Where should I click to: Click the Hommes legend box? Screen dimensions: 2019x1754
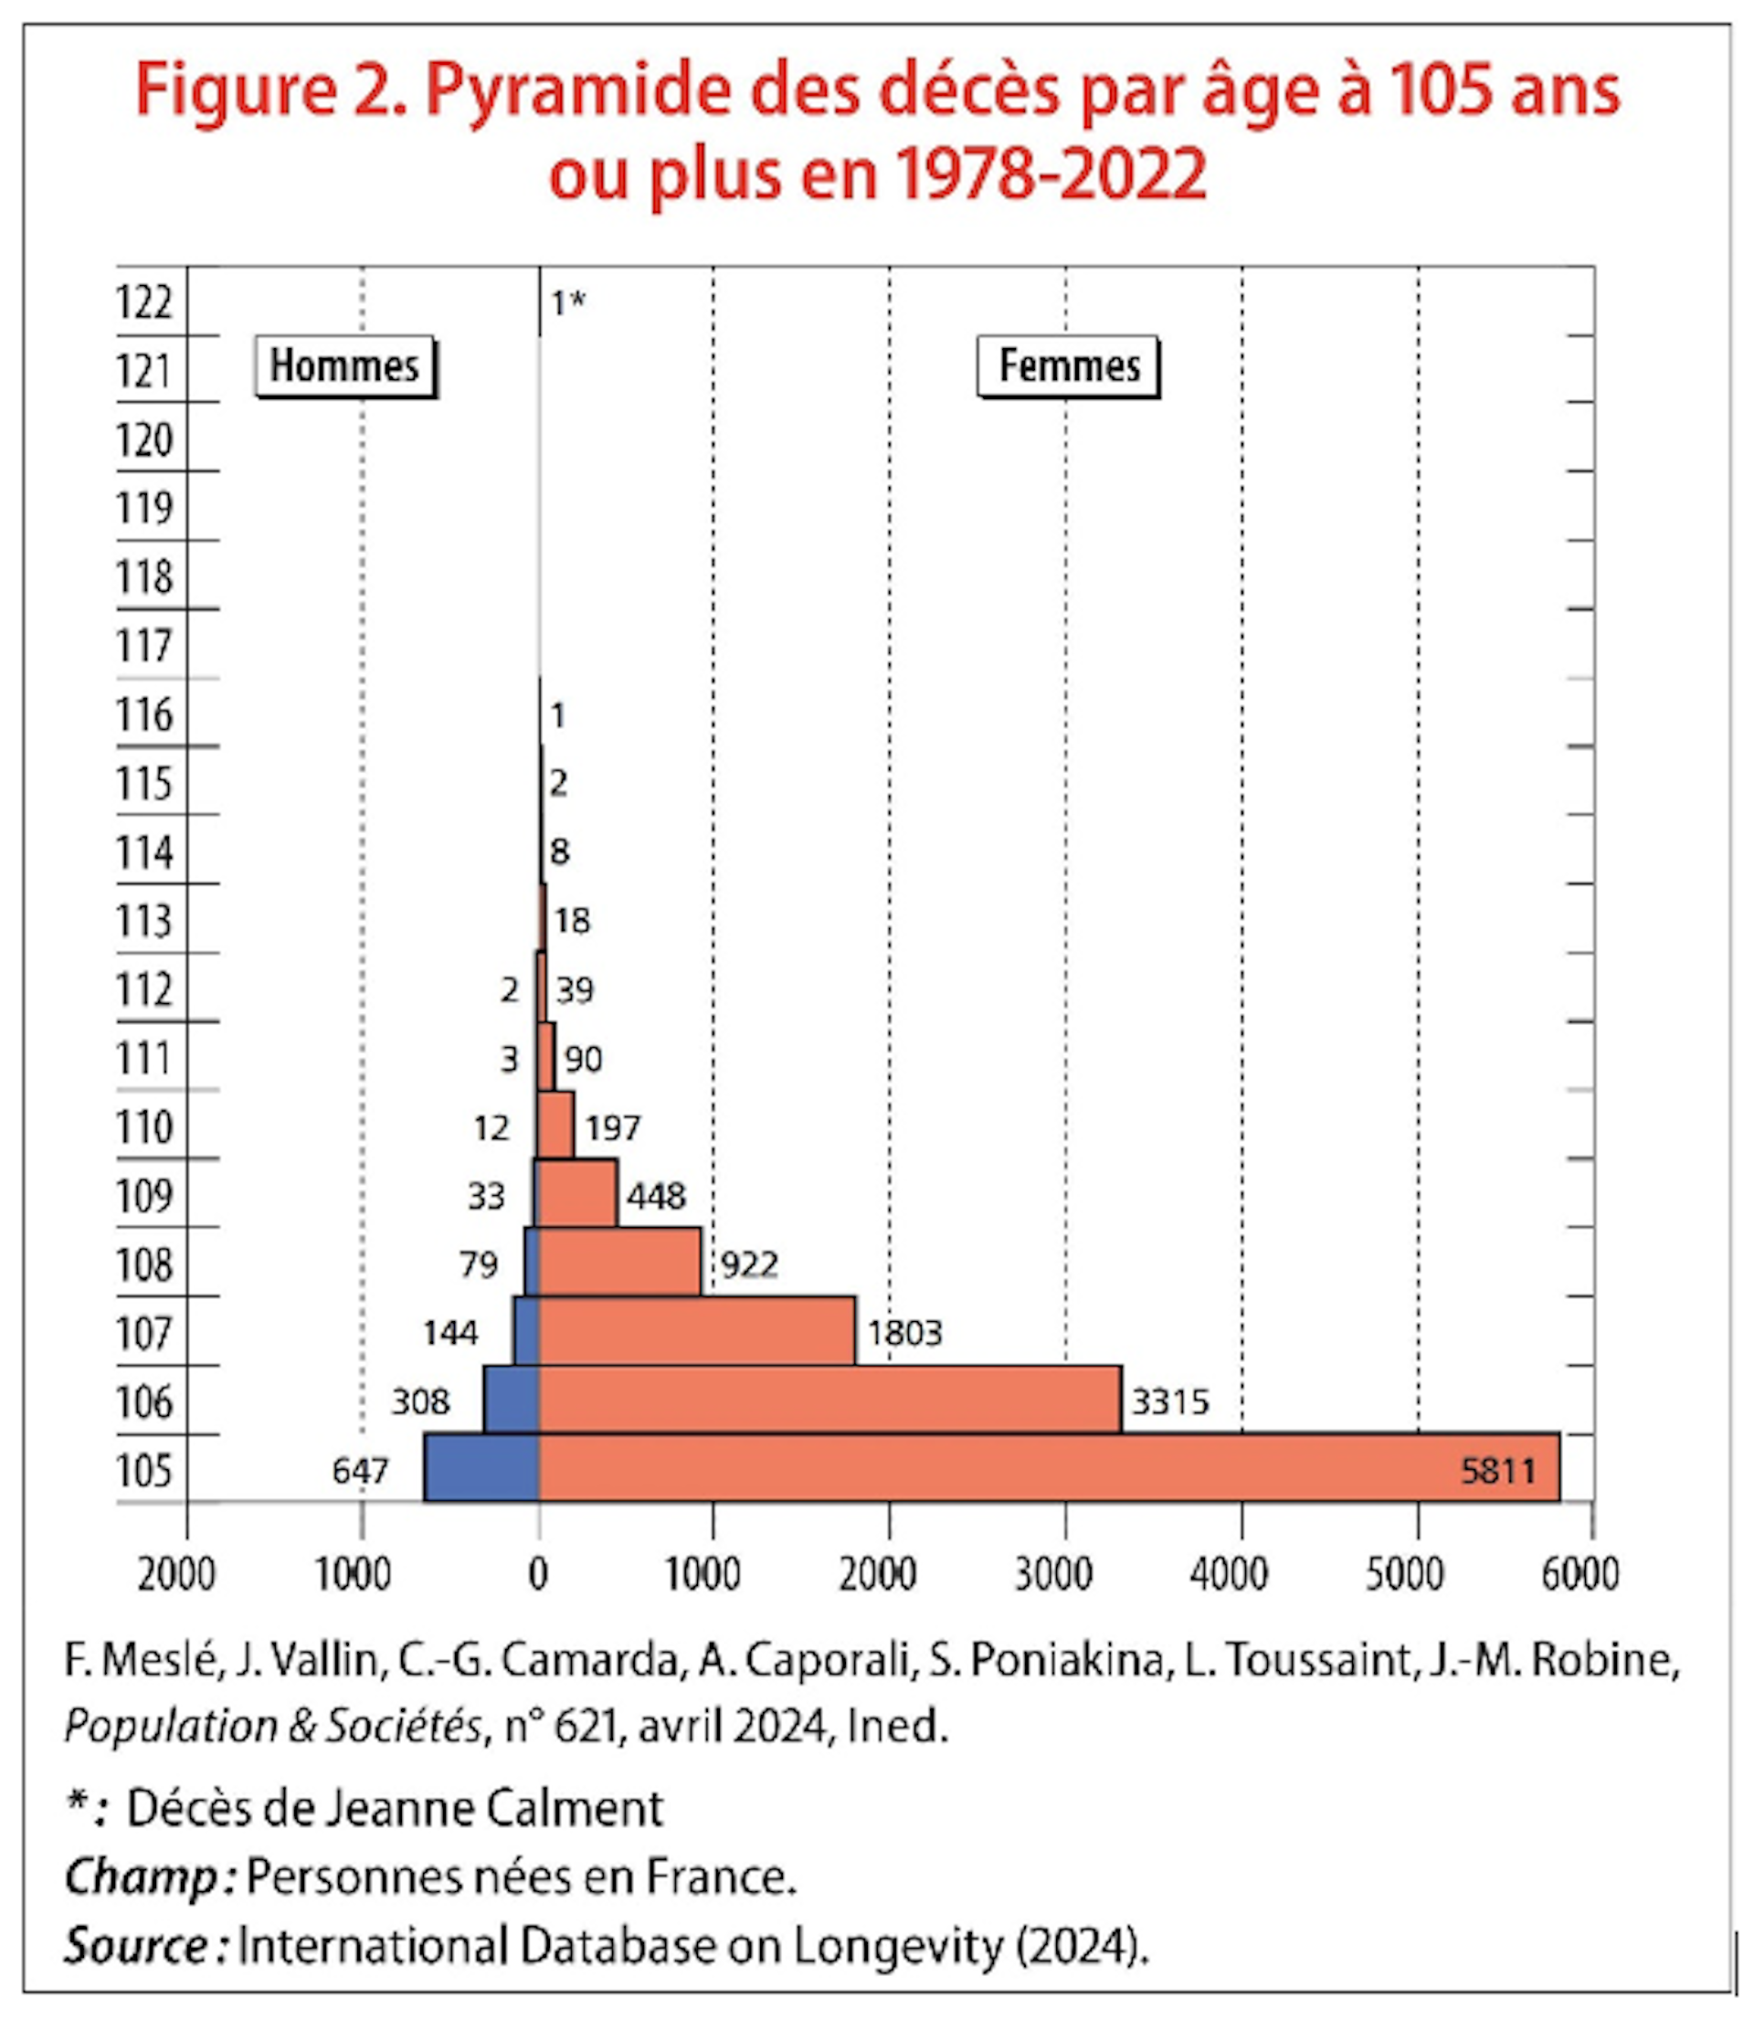[344, 367]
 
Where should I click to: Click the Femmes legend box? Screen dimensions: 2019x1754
[1068, 367]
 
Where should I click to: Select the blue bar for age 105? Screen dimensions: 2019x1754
[481, 1468]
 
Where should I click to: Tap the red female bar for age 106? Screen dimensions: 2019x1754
[829, 1400]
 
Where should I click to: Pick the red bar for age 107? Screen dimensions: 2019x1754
[696, 1331]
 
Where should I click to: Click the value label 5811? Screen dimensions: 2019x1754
[1497, 1471]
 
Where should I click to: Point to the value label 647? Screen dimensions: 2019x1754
[360, 1471]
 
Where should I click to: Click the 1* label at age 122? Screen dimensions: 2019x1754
[567, 303]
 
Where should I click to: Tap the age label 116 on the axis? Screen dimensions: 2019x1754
[145, 715]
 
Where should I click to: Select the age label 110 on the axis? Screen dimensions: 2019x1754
[145, 1127]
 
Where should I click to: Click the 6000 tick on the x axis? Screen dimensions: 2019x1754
[1580, 1575]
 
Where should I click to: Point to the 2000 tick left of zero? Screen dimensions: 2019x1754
[176, 1575]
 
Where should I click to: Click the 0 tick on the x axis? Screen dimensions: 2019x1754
[538, 1575]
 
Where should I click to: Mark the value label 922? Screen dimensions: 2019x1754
[749, 1265]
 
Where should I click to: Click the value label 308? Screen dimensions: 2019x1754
[420, 1402]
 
